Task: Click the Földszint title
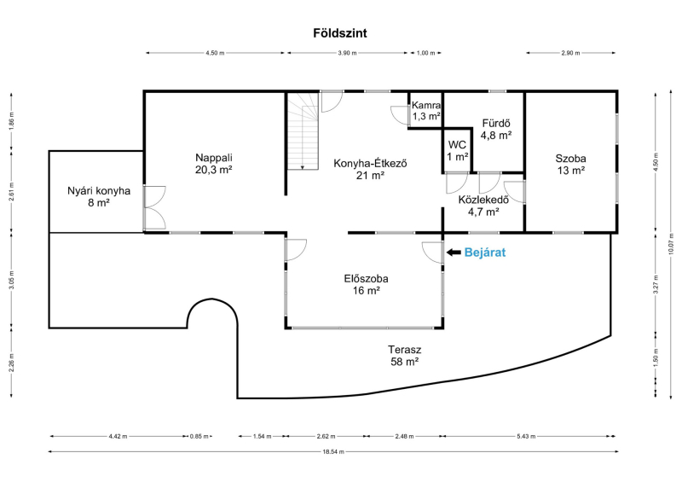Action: click(x=340, y=33)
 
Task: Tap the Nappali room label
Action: click(x=214, y=157)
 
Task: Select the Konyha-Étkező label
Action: click(x=370, y=163)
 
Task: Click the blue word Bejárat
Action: click(x=485, y=253)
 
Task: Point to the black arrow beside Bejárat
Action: click(x=454, y=253)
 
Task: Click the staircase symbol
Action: click(x=303, y=131)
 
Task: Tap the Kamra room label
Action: click(x=426, y=105)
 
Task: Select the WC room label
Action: click(x=457, y=144)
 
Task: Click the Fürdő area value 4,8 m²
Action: click(x=496, y=135)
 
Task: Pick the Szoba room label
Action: click(x=570, y=159)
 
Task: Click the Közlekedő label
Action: click(x=483, y=200)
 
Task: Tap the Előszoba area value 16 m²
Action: click(x=367, y=290)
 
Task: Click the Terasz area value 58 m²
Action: click(x=404, y=362)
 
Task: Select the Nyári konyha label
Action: click(x=99, y=191)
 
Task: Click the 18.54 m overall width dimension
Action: click(x=333, y=451)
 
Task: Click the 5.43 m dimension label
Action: click(x=526, y=436)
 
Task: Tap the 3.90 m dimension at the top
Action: click(x=347, y=53)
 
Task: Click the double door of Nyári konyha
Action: click(x=154, y=207)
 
